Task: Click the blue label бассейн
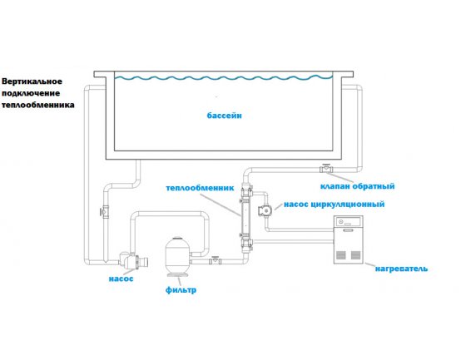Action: [x=224, y=116]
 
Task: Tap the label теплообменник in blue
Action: [x=200, y=188]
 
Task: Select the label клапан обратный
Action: [x=357, y=186]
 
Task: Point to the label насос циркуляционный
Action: [x=334, y=205]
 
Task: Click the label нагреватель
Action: [x=401, y=269]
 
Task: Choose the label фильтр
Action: [x=181, y=289]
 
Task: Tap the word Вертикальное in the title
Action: [x=32, y=81]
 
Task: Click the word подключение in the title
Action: [x=31, y=93]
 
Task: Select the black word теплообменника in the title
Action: [x=38, y=105]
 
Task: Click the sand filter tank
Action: [x=178, y=255]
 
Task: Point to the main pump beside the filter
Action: [x=133, y=261]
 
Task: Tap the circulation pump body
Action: [x=265, y=210]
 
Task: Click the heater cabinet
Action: [x=349, y=239]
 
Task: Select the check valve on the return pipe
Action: [x=326, y=169]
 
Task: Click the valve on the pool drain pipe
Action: [x=105, y=212]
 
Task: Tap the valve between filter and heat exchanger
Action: [x=215, y=260]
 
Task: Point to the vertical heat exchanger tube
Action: [x=246, y=218]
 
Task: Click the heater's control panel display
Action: [x=349, y=222]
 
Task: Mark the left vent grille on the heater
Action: [x=341, y=255]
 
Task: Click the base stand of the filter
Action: [x=178, y=274]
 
